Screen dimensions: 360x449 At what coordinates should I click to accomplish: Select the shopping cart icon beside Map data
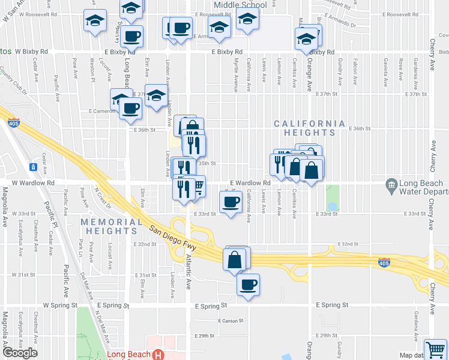pos(435,349)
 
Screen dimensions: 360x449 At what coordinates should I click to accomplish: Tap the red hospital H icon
pos(158,355)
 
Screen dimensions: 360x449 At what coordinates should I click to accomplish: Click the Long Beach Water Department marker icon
pos(391,184)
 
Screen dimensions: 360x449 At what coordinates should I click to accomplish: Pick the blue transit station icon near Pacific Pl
pos(34,166)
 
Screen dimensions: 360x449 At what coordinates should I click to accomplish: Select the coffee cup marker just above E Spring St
pos(247,284)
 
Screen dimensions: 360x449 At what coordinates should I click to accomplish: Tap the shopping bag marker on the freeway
pos(235,260)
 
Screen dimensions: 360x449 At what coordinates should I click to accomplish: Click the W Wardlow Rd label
pos(34,182)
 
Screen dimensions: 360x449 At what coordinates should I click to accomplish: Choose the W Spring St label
pos(60,305)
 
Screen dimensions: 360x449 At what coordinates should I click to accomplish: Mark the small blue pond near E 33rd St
pos(333,206)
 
